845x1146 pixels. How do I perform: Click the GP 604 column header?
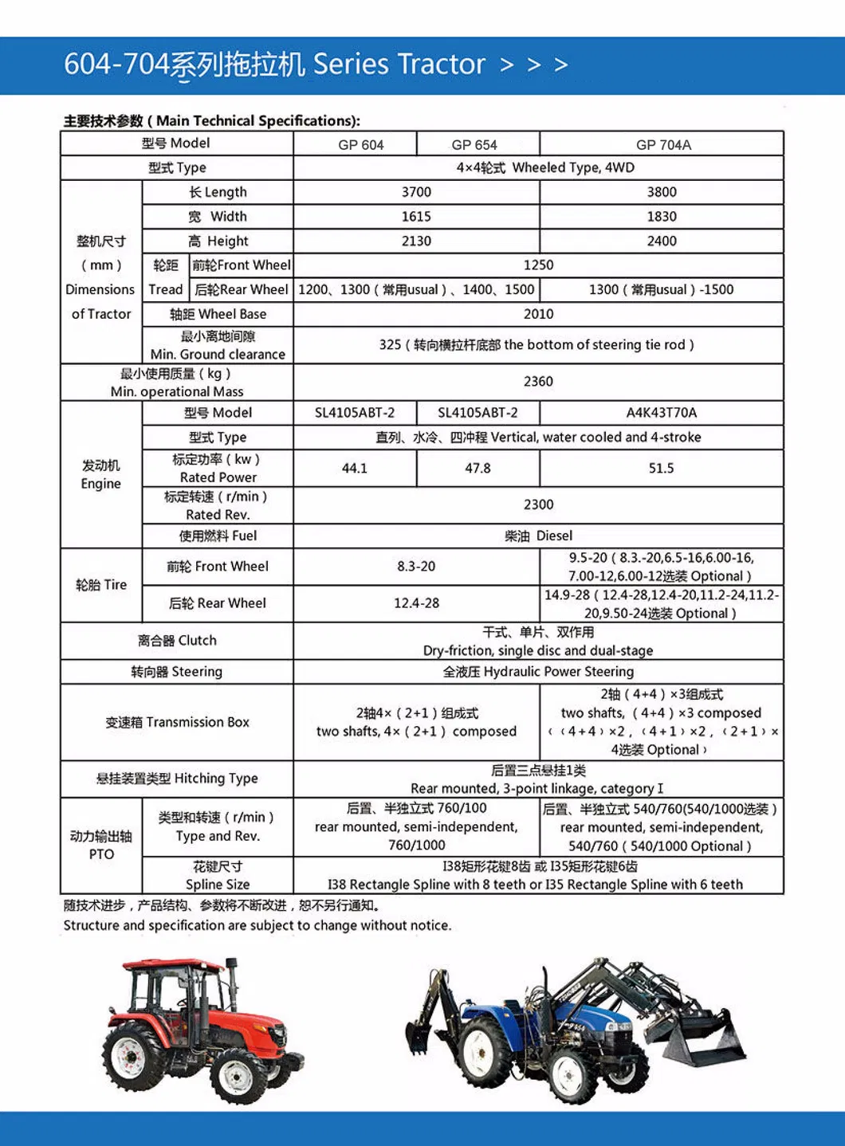click(360, 144)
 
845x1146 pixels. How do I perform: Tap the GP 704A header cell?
click(662, 144)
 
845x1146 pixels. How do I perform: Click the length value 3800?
click(662, 192)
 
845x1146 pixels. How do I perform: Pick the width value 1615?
click(416, 217)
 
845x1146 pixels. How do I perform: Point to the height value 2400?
click(662, 241)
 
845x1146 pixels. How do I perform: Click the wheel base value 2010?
click(538, 314)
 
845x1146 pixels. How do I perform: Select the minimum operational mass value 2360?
click(538, 382)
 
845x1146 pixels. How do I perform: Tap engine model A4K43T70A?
click(661, 413)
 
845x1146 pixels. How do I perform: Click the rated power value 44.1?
click(355, 469)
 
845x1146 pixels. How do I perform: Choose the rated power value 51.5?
click(661, 469)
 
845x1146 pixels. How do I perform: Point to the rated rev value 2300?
click(538, 504)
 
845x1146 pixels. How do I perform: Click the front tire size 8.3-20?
click(416, 567)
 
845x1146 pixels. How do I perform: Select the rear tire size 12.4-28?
click(416, 603)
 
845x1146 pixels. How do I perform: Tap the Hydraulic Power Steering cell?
click(538, 672)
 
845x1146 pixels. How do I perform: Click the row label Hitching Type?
click(177, 779)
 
